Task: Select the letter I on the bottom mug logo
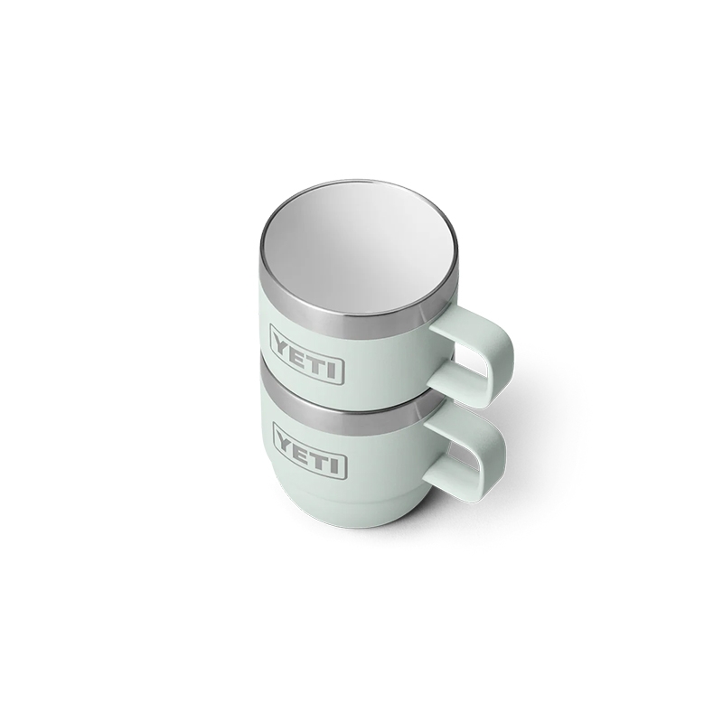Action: point(339,465)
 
